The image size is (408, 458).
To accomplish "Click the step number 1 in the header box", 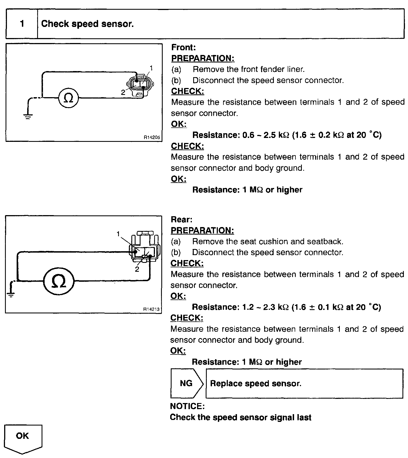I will tap(22, 24).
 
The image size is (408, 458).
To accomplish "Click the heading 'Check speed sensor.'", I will tap(87, 24).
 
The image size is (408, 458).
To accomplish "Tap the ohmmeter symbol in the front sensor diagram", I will tap(68, 98).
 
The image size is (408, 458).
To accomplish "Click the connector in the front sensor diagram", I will tap(140, 85).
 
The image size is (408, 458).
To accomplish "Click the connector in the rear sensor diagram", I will tap(144, 248).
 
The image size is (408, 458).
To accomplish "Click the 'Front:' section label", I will tap(183, 47).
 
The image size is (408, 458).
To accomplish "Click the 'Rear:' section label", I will tap(182, 220).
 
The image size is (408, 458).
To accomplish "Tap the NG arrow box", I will tap(186, 383).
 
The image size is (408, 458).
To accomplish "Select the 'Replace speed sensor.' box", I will tap(304, 383).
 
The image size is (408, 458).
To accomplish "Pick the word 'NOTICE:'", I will tap(187, 406).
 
